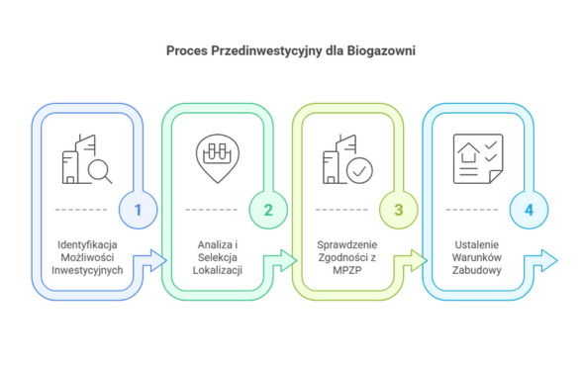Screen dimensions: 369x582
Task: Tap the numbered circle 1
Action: [138, 210]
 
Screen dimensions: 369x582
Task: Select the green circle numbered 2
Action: [268, 210]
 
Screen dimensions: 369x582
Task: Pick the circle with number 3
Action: [399, 210]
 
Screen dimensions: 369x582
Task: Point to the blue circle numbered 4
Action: [530, 210]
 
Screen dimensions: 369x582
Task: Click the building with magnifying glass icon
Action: [85, 158]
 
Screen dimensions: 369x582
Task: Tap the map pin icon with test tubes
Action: [215, 156]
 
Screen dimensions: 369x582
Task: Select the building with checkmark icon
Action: [345, 158]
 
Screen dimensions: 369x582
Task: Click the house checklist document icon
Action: [476, 157]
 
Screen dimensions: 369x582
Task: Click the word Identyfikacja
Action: [88, 243]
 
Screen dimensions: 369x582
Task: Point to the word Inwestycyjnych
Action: [88, 270]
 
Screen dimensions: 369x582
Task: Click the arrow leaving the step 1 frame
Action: [151, 260]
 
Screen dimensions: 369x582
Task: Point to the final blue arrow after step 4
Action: [542, 260]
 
